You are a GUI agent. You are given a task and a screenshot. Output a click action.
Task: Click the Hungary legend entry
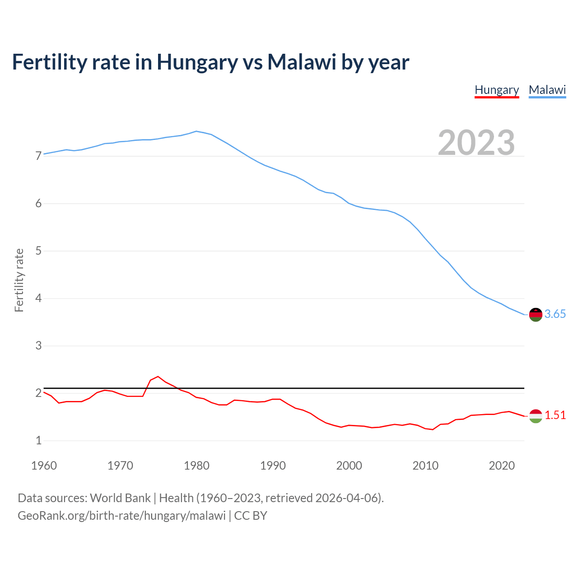pos(497,90)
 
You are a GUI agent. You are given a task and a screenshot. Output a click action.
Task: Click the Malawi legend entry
pos(547,90)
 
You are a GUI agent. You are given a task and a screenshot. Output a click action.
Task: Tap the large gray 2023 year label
pos(476,143)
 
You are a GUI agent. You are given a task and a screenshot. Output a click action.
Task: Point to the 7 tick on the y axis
pos(38,156)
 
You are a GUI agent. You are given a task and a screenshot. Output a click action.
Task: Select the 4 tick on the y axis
pos(38,298)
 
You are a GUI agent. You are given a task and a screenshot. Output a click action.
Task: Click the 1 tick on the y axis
pos(38,441)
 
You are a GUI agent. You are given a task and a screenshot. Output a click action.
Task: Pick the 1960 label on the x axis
pos(44,466)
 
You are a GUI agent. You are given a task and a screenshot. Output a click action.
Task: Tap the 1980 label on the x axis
pos(196,466)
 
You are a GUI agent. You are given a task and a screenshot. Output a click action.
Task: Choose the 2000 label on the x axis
pos(349,466)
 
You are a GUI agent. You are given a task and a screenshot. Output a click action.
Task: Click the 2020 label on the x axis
pos(502,466)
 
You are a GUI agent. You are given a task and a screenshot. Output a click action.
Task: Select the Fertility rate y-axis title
pos(19,280)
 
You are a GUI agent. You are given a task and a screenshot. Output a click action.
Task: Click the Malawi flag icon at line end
pos(536,314)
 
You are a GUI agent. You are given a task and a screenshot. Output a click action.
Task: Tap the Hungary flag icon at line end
pos(536,416)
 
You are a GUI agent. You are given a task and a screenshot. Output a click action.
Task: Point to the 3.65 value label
pos(555,314)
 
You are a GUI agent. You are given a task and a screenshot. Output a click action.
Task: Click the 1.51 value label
pos(555,415)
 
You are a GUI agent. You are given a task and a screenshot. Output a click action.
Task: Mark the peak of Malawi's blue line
pos(196,131)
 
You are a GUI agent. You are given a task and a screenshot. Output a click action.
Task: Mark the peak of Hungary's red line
pos(158,376)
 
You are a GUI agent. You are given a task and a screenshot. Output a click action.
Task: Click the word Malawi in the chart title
pos(302,62)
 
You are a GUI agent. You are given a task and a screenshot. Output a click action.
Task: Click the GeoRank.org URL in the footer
pos(121,516)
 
